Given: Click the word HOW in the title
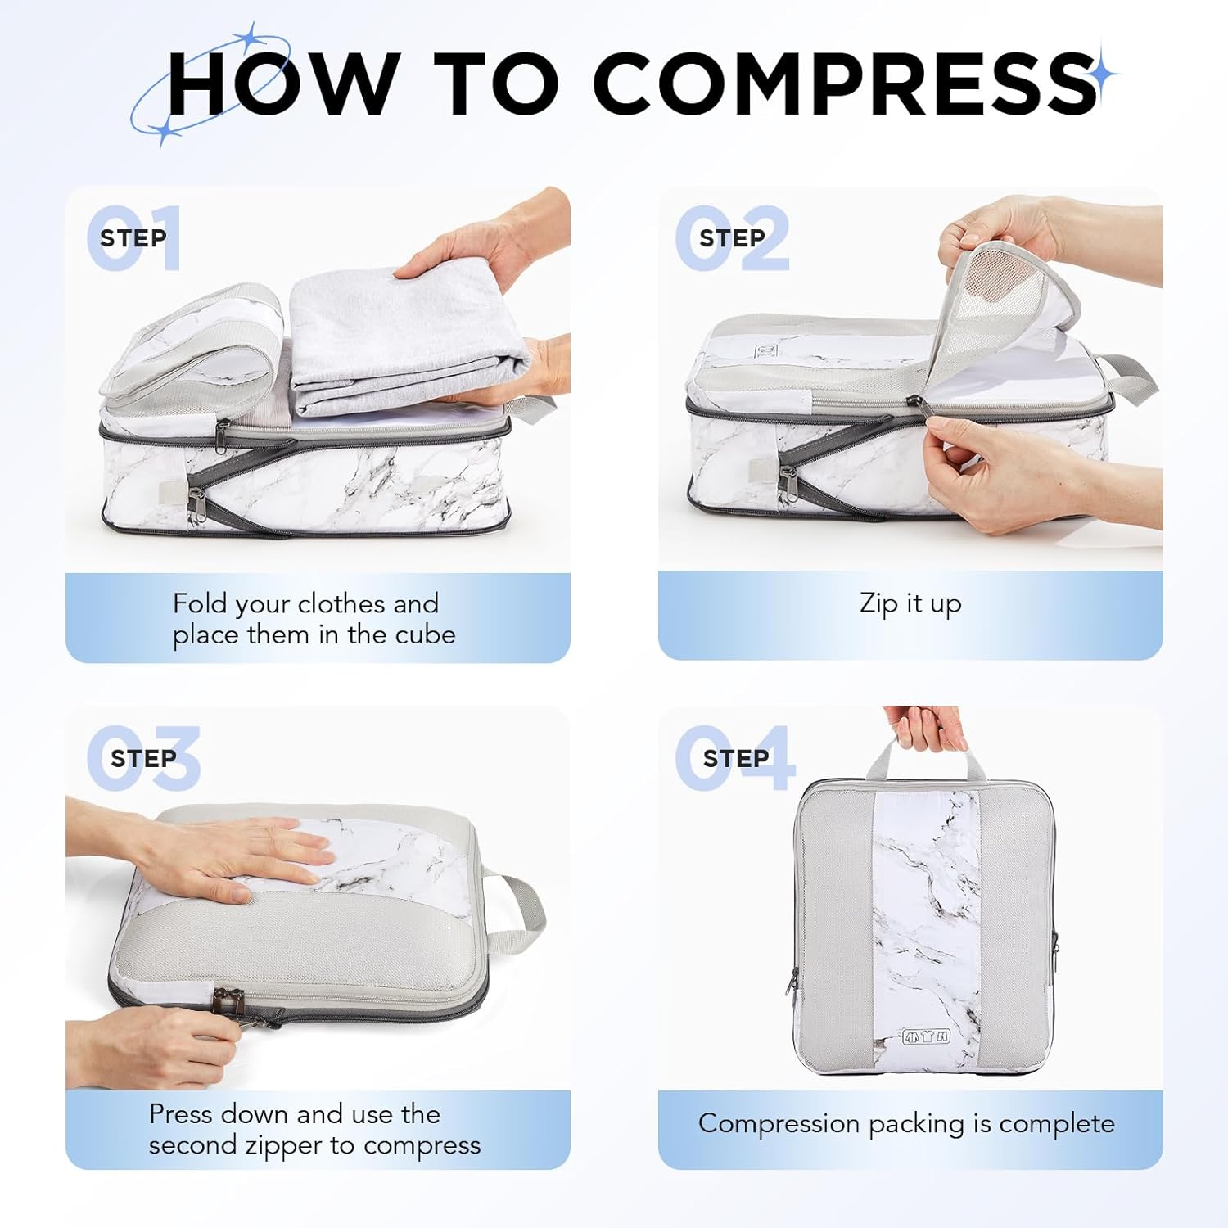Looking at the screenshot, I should click(282, 84).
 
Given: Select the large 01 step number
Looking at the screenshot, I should click(135, 238).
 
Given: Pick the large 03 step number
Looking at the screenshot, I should click(144, 758).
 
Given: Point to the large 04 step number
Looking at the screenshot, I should click(734, 758).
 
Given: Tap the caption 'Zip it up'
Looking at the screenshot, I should click(910, 603).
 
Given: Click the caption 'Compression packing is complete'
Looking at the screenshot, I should click(906, 1123).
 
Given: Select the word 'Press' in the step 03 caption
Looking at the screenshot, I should click(181, 1114).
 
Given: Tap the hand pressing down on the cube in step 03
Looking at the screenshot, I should click(246, 860).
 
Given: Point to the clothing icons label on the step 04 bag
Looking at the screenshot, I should click(926, 1036).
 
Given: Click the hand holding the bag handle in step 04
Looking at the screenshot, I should click(925, 729).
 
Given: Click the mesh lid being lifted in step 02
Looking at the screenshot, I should click(1007, 311).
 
